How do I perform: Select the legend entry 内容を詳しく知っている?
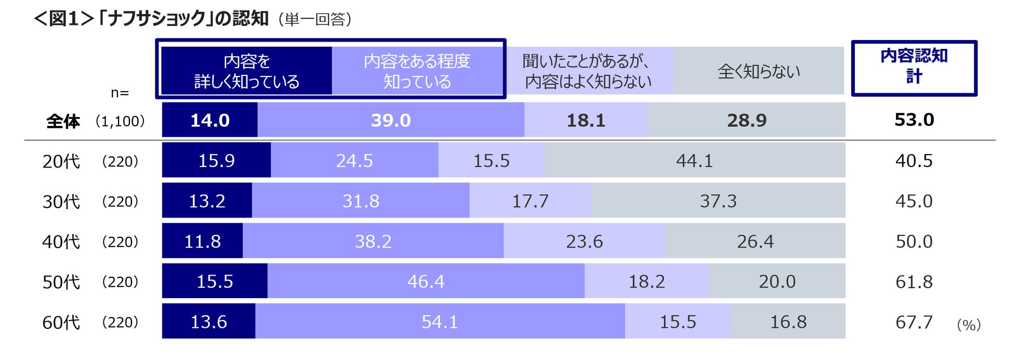246,71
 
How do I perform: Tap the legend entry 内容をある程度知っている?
417,71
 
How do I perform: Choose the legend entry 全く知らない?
759,71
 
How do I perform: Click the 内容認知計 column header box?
914,68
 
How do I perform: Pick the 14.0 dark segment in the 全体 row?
210,120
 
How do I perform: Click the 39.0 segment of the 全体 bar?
391,120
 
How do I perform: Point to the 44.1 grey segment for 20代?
695,160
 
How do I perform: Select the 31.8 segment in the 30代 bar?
361,200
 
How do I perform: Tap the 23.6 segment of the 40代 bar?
584,241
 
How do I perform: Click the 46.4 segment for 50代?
426,281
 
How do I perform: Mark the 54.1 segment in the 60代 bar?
440,321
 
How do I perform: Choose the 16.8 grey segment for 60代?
788,321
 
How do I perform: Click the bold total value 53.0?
914,120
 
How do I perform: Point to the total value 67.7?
914,322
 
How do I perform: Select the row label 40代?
61,241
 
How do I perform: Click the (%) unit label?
969,325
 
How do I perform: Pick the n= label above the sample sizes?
120,93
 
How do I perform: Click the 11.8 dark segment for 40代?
202,241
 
